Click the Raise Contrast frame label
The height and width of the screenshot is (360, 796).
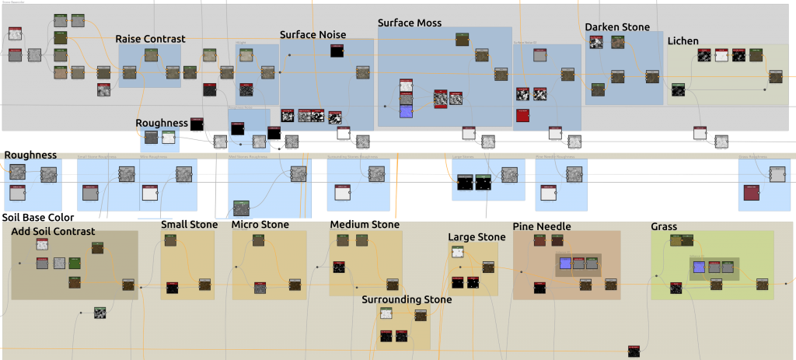pos(150,39)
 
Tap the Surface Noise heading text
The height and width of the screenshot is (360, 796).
pos(312,34)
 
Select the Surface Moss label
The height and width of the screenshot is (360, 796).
pos(410,23)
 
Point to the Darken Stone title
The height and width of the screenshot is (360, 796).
pos(617,27)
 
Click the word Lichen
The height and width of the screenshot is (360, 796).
pos(683,40)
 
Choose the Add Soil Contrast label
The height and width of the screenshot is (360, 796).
pos(54,231)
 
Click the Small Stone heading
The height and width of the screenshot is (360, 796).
pos(190,225)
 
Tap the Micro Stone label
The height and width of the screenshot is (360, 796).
pos(260,225)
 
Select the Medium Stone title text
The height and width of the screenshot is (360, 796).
pos(365,225)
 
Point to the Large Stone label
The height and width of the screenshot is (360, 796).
pos(477,237)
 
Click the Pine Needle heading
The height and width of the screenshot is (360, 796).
pos(542,226)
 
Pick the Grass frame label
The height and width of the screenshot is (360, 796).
pos(664,227)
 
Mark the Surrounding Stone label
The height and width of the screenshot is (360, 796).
pos(407,299)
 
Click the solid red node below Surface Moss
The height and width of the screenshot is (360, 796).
pos(522,116)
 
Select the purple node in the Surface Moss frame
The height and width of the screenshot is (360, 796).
pos(406,111)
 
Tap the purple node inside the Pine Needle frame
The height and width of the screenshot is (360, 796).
pos(566,264)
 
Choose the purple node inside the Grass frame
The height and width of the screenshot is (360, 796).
pos(698,267)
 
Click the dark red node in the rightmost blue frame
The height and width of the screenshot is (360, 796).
pos(751,192)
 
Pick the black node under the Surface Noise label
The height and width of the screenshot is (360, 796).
pos(337,52)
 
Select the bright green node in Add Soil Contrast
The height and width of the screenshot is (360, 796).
pos(75,264)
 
